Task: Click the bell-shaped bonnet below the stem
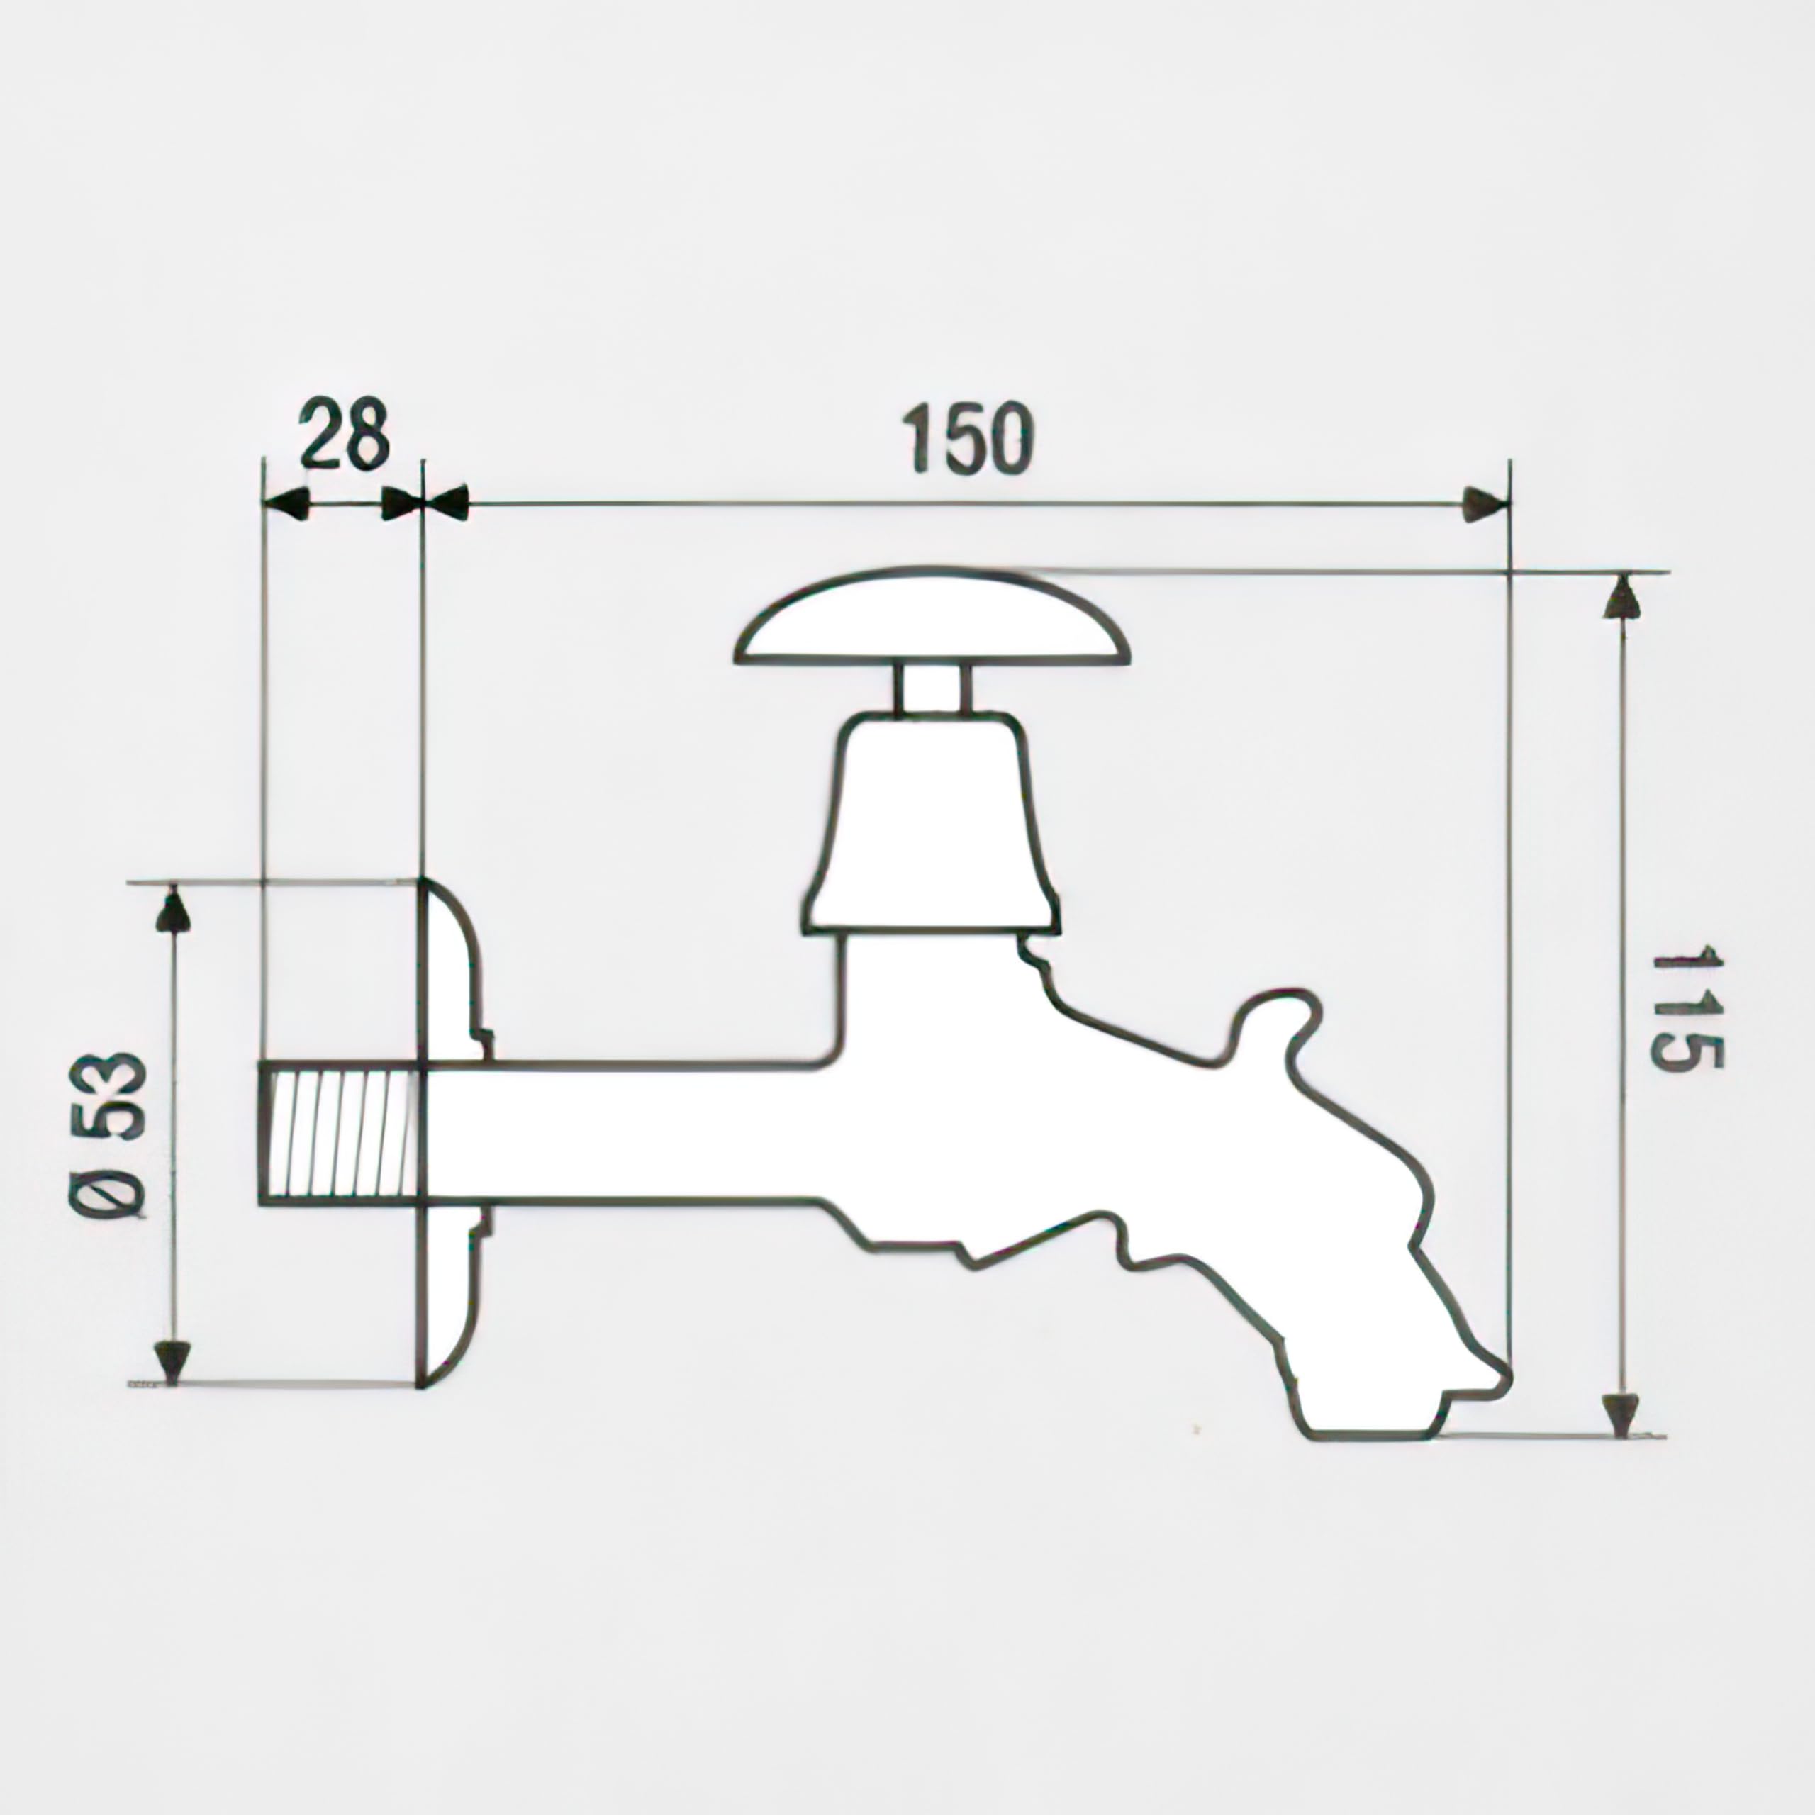click(931, 824)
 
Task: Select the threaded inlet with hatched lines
click(338, 1132)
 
